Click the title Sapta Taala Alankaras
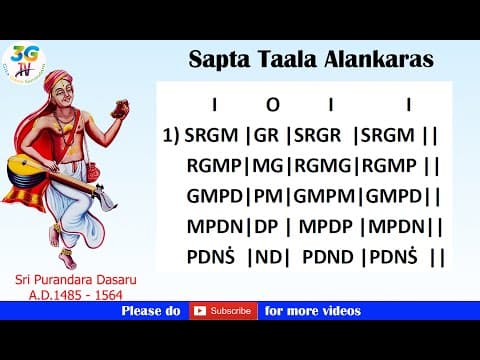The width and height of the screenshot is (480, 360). [x=311, y=60]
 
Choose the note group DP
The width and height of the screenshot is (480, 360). [x=267, y=226]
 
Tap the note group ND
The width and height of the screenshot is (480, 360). [x=269, y=257]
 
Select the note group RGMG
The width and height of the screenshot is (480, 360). [x=324, y=165]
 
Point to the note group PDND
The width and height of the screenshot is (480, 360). [x=327, y=257]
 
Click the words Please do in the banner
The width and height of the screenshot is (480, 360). [x=151, y=311]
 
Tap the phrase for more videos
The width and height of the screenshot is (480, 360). [x=312, y=311]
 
